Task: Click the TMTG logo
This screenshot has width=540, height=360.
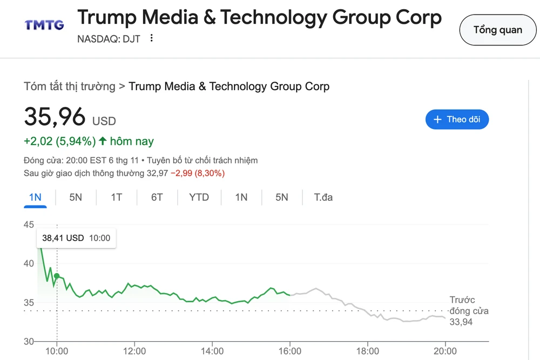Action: pyautogui.click(x=44, y=25)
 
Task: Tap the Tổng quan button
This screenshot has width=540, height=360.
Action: pyautogui.click(x=497, y=30)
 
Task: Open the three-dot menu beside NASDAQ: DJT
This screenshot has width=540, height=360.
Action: pyautogui.click(x=152, y=38)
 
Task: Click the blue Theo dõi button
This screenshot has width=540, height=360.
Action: pyautogui.click(x=457, y=119)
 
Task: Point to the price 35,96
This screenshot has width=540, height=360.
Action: pyautogui.click(x=55, y=117)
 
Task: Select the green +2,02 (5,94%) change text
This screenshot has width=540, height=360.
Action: pyautogui.click(x=59, y=141)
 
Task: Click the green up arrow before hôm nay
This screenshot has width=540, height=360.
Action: pyautogui.click(x=103, y=141)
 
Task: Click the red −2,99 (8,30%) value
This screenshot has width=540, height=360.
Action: pyautogui.click(x=198, y=173)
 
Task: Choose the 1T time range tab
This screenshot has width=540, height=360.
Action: pyautogui.click(x=116, y=198)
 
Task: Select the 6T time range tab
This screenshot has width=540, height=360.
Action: pyautogui.click(x=157, y=198)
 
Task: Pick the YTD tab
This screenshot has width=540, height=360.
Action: pyautogui.click(x=199, y=198)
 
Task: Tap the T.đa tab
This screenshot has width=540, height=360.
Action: pyautogui.click(x=323, y=198)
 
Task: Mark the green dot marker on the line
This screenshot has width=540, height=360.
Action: pyautogui.click(x=57, y=276)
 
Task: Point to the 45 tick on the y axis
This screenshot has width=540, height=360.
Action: pyautogui.click(x=29, y=225)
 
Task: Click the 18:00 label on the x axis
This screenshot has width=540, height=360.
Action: pyautogui.click(x=367, y=351)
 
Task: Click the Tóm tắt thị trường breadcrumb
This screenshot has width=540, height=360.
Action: pyautogui.click(x=70, y=86)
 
